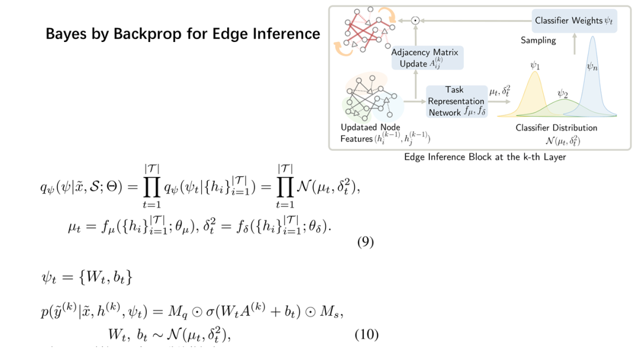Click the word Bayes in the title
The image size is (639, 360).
[x=64, y=34]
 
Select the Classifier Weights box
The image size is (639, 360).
[x=573, y=21]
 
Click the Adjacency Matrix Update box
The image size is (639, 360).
[x=427, y=58]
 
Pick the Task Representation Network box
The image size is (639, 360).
[x=456, y=101]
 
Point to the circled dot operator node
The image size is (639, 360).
[x=415, y=21]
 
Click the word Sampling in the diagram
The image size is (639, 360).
[x=538, y=40]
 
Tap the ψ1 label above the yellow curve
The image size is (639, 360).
[x=534, y=66]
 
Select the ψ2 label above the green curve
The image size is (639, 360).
[x=563, y=94]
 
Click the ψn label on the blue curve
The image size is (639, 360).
[x=592, y=67]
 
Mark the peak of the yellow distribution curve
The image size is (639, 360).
[x=534, y=75]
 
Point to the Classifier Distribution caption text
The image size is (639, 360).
[x=556, y=127]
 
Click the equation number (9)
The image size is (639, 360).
[x=366, y=242]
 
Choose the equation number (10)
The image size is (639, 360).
[x=366, y=335]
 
